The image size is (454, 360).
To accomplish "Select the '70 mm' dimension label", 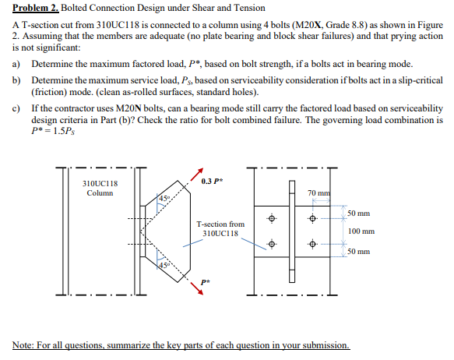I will [319, 192].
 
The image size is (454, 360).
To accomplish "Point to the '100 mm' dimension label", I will [361, 231].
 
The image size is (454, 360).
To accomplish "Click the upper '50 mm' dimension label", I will [359, 213].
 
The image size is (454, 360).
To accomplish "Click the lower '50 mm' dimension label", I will [359, 252].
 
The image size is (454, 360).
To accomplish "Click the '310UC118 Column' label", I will [100, 188].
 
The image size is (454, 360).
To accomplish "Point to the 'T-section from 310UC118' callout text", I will [223, 228].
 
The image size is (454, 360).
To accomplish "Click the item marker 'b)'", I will [16, 81].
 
